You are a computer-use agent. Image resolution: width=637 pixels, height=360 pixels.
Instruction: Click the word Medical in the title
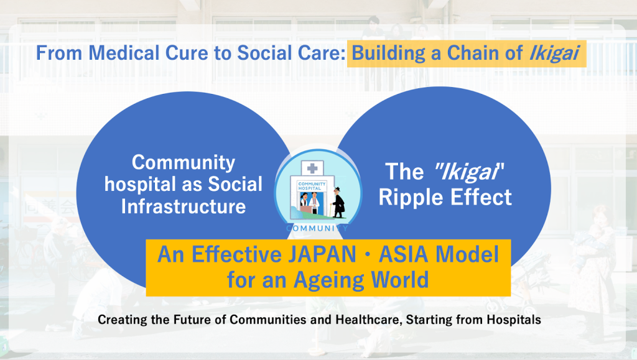point(124,53)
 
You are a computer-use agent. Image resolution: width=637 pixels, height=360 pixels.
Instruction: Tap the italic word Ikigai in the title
point(554,54)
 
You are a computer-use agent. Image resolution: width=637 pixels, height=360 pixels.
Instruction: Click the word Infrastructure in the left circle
point(184,206)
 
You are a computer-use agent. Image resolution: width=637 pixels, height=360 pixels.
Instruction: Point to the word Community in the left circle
point(184,163)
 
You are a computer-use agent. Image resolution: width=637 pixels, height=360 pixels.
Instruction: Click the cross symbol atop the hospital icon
point(312,168)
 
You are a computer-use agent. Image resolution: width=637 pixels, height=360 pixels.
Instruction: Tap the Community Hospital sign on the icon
point(312,187)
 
